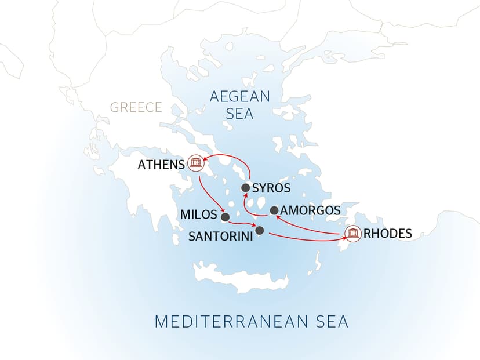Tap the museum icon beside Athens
(x=195, y=164)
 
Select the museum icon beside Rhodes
(x=351, y=234)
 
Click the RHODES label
(x=388, y=234)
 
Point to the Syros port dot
(x=245, y=188)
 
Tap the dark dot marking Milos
(x=225, y=217)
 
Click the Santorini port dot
(x=260, y=231)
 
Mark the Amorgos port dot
(x=274, y=210)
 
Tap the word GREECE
(x=136, y=107)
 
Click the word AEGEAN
(x=240, y=96)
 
